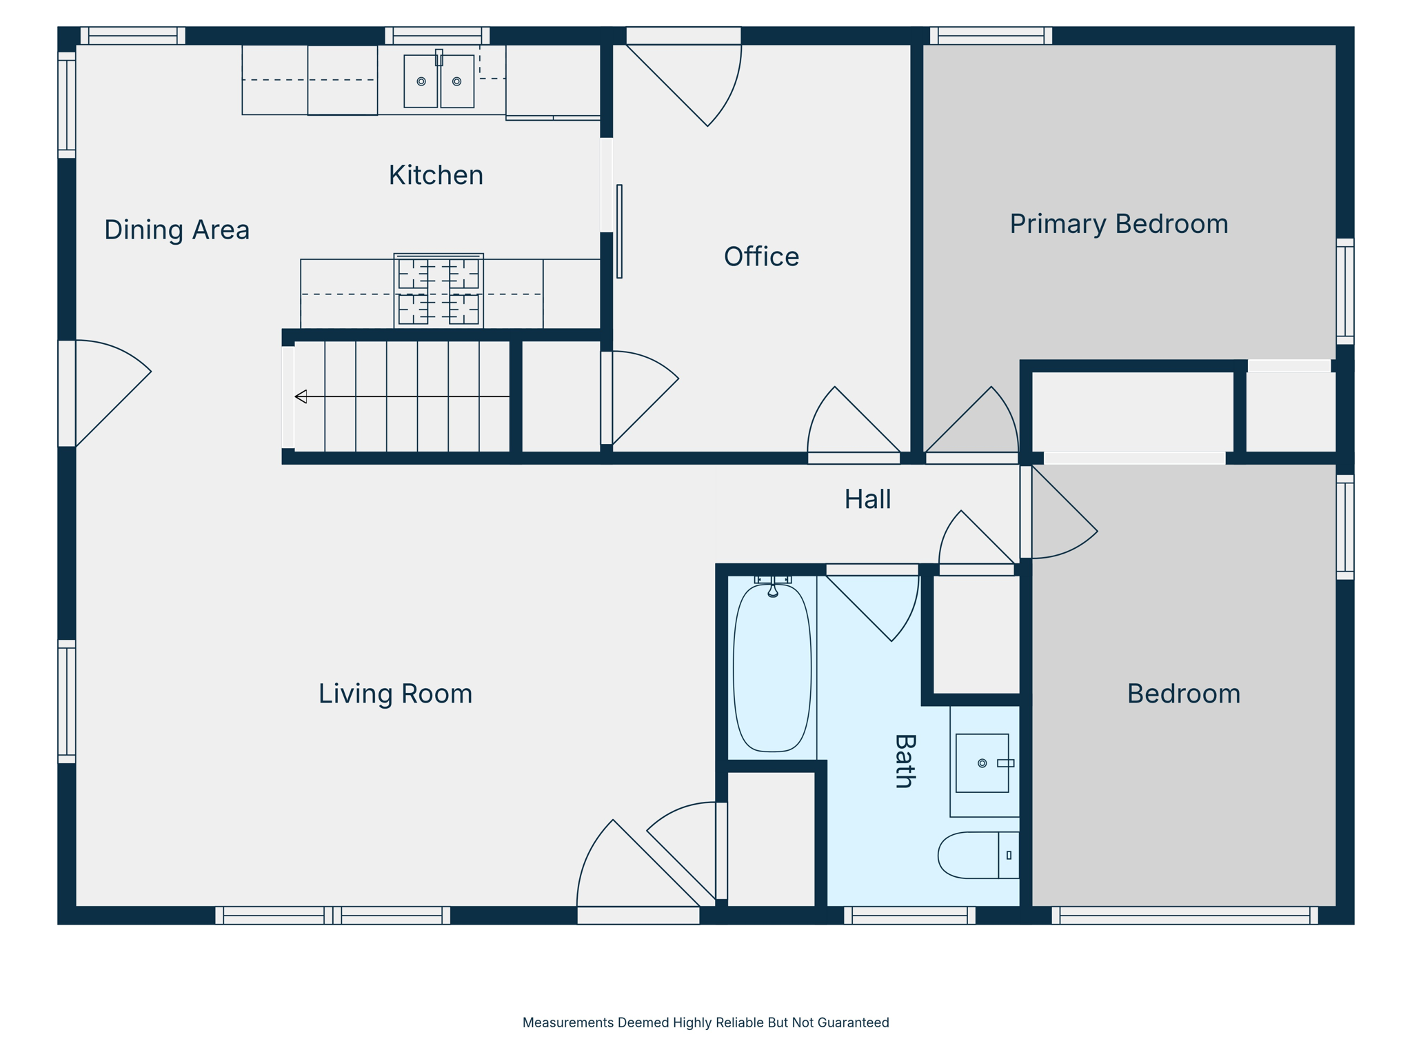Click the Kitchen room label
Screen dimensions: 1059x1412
click(x=436, y=175)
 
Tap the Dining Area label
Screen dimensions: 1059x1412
click(x=176, y=230)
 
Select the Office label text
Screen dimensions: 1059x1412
click(x=761, y=256)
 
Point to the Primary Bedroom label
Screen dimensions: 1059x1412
click(x=1118, y=224)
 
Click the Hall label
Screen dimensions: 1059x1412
click(x=867, y=499)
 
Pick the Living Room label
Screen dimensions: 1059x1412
click(x=395, y=694)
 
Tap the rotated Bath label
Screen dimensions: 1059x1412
click(x=905, y=760)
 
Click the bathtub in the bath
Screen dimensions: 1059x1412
click(x=772, y=667)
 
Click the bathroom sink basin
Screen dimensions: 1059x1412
click(x=982, y=763)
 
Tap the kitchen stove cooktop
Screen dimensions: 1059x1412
click(x=438, y=291)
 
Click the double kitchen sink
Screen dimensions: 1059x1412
click(x=438, y=81)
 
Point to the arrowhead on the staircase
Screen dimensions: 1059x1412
click(x=301, y=396)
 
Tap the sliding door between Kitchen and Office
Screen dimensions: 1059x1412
click(x=619, y=231)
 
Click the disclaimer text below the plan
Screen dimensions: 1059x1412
click(x=705, y=1022)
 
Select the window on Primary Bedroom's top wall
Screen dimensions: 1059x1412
click(x=991, y=36)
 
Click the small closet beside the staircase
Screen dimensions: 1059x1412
click(x=561, y=396)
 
